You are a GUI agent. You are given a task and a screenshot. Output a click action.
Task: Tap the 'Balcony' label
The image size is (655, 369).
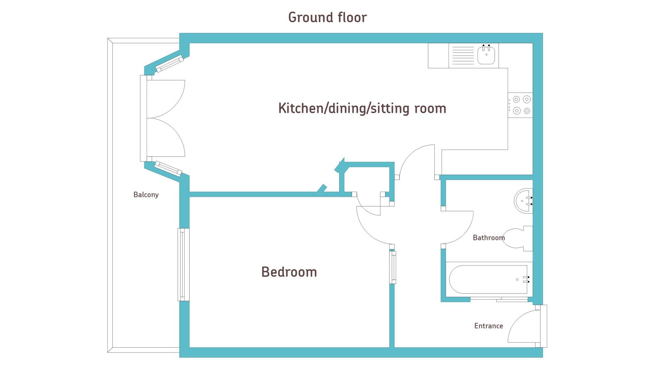coord(146,195)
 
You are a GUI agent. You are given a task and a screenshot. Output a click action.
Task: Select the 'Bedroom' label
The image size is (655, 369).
coord(289,272)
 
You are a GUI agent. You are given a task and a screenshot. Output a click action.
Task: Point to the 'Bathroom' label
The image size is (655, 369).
coord(489,237)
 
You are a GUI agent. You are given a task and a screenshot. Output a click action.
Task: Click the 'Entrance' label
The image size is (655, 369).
coord(489,326)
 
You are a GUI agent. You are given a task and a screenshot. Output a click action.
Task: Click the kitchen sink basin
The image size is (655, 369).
coord(486,55)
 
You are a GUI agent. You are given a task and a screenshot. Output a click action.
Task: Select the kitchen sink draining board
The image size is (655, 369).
coord(463,56)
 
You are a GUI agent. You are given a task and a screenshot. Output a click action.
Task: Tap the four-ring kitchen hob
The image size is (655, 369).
coord(520,105)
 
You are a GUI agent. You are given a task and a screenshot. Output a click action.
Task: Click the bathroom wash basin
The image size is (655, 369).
coord(523,201)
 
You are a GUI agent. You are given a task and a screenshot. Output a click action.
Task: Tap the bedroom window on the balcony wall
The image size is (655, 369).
coord(184,264)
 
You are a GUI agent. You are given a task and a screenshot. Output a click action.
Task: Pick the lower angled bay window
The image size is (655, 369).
coord(168,169)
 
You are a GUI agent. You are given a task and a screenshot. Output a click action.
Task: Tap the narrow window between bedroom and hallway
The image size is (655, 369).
coord(393,268)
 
